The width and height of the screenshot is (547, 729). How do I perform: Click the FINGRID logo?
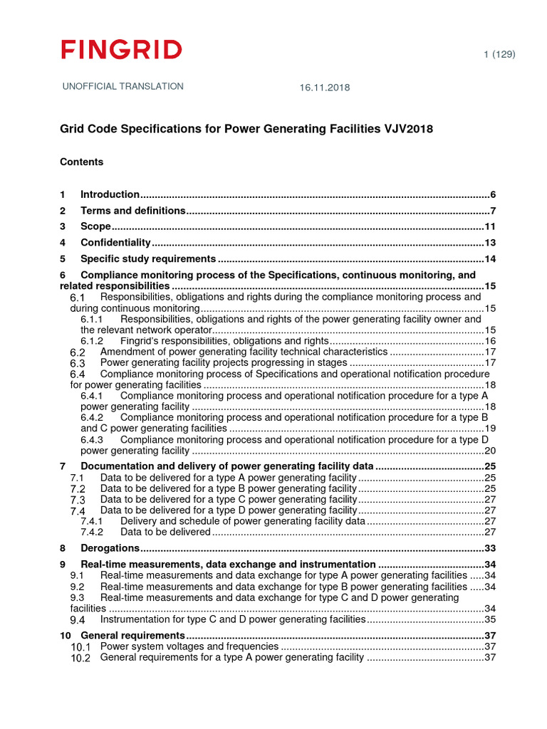click(x=121, y=50)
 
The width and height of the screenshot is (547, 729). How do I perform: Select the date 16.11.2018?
click(x=324, y=88)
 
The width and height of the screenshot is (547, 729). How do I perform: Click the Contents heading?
click(x=81, y=162)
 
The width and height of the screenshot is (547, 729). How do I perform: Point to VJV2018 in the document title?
click(x=403, y=129)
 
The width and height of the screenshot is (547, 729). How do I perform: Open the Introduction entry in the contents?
click(x=110, y=194)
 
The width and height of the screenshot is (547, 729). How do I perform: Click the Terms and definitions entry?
click(x=132, y=211)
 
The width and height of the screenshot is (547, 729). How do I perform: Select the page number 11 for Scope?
click(x=489, y=226)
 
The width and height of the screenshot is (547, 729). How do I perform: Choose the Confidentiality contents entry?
click(x=115, y=243)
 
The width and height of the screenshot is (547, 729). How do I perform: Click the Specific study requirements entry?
click(x=147, y=258)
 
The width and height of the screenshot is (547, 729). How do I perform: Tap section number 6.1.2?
click(x=92, y=341)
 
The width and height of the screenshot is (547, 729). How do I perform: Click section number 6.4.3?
click(x=92, y=440)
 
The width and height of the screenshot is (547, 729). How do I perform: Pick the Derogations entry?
click(x=110, y=548)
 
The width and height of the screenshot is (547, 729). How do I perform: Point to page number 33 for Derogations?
click(x=489, y=548)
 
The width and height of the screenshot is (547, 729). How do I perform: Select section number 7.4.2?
click(x=92, y=532)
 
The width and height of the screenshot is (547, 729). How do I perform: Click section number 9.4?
click(x=78, y=620)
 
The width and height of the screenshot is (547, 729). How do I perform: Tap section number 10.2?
click(x=80, y=658)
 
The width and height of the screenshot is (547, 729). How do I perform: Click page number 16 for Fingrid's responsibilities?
click(x=489, y=341)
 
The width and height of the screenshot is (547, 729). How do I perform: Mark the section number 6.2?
click(x=78, y=352)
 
